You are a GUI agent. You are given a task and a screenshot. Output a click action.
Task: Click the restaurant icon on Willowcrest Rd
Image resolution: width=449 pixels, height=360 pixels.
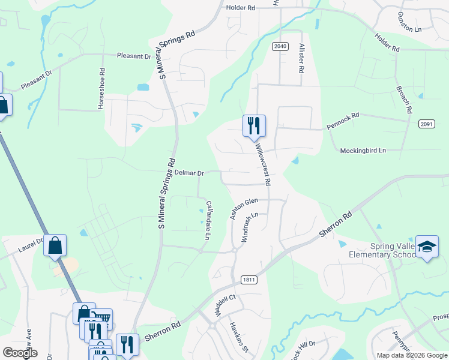click(253, 125)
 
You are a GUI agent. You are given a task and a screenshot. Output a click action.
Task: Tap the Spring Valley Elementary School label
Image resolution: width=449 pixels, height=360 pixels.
click(382, 250)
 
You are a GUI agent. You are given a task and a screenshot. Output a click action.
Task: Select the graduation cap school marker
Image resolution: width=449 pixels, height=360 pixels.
click(427, 247)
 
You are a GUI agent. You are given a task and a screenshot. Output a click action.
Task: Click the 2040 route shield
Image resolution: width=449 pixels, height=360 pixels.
click(280, 46)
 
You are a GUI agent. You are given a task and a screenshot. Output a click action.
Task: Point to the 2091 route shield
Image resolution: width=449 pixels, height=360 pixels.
click(426, 123)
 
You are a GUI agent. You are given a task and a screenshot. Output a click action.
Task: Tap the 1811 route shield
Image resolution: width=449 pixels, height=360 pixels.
click(249, 280)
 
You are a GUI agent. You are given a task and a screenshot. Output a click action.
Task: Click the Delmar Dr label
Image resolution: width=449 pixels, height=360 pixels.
click(189, 173)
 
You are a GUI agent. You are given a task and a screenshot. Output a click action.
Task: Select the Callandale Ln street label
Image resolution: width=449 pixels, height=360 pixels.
click(207, 220)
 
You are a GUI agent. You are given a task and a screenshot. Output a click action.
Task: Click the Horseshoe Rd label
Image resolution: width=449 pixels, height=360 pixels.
click(102, 88)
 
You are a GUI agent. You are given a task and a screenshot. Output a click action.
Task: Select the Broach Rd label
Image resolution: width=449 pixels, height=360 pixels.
click(403, 98)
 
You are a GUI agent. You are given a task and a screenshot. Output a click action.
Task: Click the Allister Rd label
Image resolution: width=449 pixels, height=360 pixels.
click(300, 58)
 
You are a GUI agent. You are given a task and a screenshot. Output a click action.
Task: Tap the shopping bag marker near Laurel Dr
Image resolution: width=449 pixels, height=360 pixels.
click(55, 245)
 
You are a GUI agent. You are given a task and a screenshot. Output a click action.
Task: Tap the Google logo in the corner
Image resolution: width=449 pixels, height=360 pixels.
click(20, 353)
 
